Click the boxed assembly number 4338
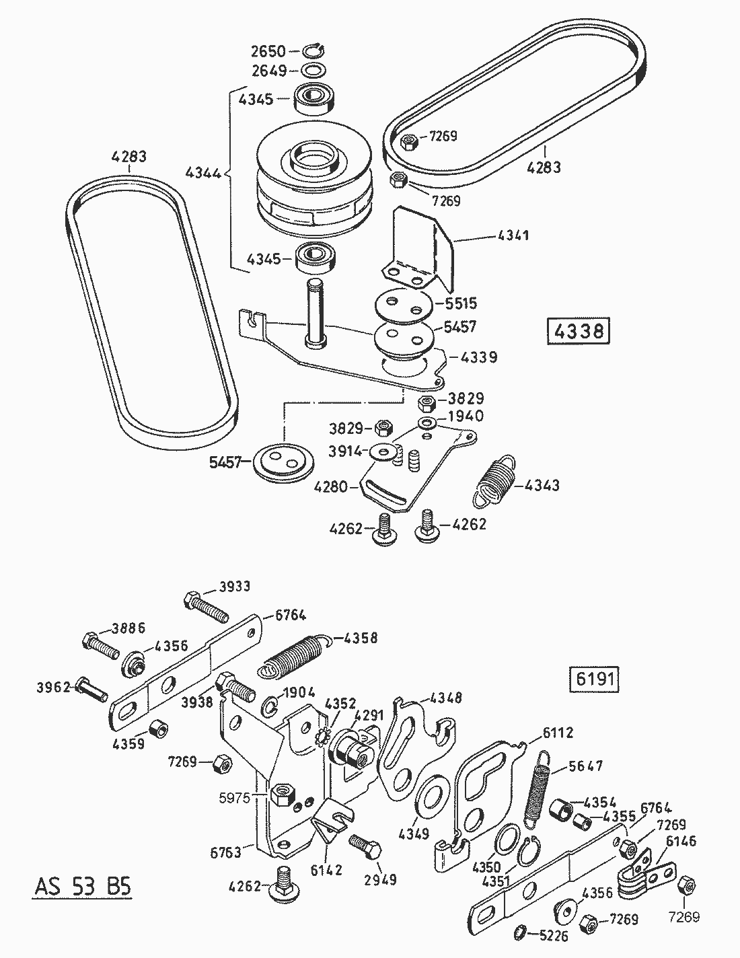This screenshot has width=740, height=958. [x=579, y=332]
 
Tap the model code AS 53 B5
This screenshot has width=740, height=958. [x=82, y=886]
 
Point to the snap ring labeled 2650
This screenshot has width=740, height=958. [x=313, y=50]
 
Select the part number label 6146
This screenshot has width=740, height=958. [x=681, y=841]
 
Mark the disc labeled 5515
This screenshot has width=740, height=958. [x=402, y=303]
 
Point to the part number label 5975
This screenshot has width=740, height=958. [x=235, y=798]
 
